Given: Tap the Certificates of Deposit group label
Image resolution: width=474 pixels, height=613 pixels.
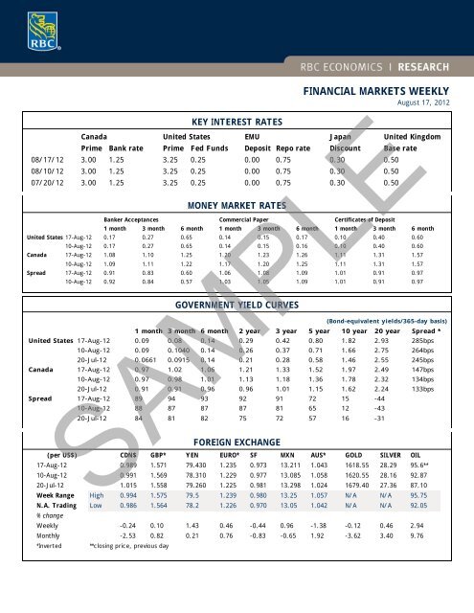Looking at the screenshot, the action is tap(372, 219).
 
